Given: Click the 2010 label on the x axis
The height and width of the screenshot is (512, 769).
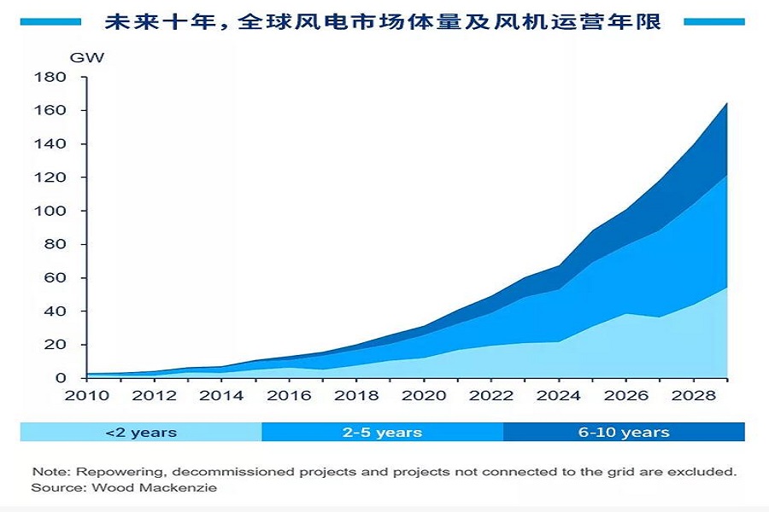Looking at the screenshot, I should tap(86, 395).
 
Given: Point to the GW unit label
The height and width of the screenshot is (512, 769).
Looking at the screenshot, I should tap(87, 58).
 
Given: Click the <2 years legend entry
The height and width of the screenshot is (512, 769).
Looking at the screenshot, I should tap(141, 432).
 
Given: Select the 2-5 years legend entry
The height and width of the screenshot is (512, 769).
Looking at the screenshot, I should tap(382, 432).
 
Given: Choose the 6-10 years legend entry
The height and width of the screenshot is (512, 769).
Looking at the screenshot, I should tap(624, 432).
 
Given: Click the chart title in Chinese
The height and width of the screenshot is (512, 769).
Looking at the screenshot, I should tap(383, 21).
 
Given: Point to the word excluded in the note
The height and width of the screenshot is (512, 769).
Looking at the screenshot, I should tap(706, 471).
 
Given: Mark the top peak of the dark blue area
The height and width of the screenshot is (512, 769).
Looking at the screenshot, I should tap(727, 104).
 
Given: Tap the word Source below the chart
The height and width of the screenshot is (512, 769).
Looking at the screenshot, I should tap(54, 487).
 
